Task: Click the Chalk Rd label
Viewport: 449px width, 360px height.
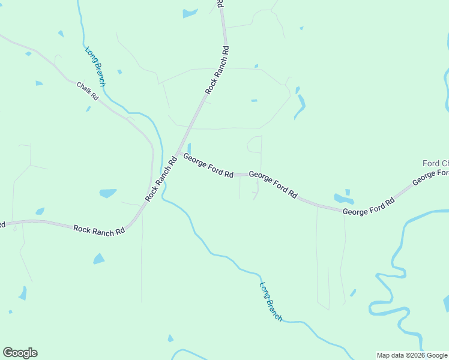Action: click(x=87, y=91)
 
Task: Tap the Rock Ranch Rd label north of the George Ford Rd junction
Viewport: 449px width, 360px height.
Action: click(x=218, y=70)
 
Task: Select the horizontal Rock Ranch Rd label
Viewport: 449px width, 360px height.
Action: click(x=99, y=229)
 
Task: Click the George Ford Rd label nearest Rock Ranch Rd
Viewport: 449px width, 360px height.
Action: click(x=208, y=166)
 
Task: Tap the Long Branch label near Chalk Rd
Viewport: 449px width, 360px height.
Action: click(x=95, y=67)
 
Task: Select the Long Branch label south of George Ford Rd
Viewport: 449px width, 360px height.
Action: click(x=271, y=302)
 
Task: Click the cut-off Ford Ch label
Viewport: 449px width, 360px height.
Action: click(x=436, y=163)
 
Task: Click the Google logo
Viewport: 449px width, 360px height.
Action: click(x=20, y=353)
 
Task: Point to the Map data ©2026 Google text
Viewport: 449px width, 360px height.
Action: click(x=412, y=355)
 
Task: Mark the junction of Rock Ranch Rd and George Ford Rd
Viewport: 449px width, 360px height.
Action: click(x=177, y=151)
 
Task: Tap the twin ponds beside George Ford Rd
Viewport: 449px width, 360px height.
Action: click(x=343, y=198)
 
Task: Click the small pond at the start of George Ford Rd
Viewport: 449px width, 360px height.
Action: click(x=189, y=148)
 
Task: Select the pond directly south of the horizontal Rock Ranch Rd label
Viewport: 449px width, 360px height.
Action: click(x=98, y=259)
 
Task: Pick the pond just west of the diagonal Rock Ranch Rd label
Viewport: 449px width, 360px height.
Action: click(x=108, y=193)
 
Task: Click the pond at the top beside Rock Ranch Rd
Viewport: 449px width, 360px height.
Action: click(x=190, y=13)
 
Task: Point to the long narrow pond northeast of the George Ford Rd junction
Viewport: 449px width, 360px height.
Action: click(x=300, y=106)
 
